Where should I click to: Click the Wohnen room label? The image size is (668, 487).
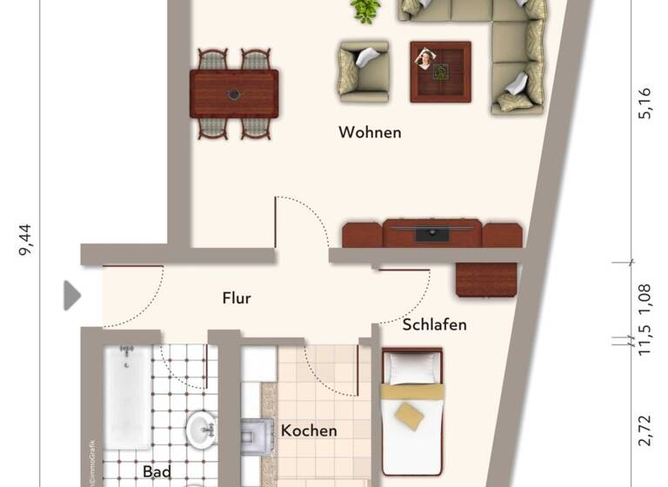click(x=370, y=133)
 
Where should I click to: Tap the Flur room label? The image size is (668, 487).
click(x=237, y=298)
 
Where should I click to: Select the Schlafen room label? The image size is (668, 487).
click(x=434, y=325)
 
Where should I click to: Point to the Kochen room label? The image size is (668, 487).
click(x=308, y=430)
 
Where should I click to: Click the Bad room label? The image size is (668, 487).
click(x=156, y=472)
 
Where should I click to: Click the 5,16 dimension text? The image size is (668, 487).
click(x=645, y=103)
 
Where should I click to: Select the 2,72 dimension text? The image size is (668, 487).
click(x=645, y=430)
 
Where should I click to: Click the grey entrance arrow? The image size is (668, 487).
click(x=72, y=296)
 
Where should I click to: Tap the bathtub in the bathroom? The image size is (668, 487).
click(x=127, y=397)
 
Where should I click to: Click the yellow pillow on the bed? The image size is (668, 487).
click(x=410, y=416)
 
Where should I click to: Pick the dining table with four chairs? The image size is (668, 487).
click(x=234, y=94)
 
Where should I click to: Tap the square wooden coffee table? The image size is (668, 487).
click(x=440, y=71)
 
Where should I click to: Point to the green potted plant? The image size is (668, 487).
click(x=366, y=10)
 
